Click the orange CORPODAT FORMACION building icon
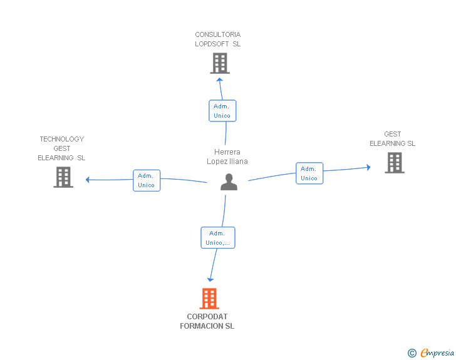209,299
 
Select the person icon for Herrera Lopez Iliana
229,182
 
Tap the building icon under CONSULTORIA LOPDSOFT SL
220,63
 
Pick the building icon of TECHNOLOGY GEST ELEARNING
63,177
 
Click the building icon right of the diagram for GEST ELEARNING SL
395,163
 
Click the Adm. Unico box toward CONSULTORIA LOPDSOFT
222,111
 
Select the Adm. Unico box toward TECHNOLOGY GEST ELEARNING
147,180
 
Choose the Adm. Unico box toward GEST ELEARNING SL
309,173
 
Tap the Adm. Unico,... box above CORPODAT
218,237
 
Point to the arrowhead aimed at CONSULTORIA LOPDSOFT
220,80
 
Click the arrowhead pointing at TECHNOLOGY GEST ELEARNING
87,180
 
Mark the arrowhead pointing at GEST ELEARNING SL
368,167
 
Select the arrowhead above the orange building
210,280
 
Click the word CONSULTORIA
218,34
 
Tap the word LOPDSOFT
212,44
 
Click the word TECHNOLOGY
62,139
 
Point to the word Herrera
227,152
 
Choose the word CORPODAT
207,316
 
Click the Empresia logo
431,352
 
